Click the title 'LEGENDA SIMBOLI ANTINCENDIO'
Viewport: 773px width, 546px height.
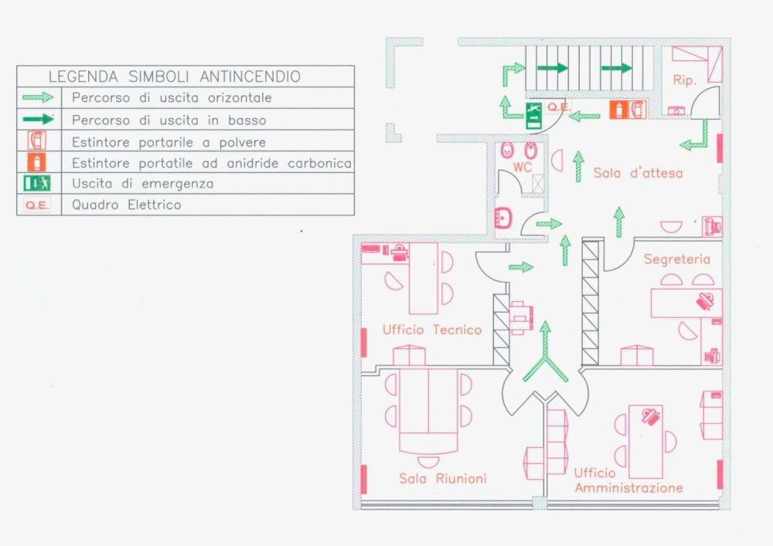pos(175,76)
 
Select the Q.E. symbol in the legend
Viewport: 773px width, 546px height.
pos(37,205)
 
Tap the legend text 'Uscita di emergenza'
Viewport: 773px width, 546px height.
pos(142,184)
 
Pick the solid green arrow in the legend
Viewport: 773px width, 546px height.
pos(37,120)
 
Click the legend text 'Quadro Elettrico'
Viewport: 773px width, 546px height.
pos(126,205)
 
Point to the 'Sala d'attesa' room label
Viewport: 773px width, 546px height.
pos(638,173)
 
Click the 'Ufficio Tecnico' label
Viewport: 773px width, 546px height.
pos(431,330)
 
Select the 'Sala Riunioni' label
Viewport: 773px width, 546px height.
pos(443,478)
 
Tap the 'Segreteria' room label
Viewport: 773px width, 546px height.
pos(676,259)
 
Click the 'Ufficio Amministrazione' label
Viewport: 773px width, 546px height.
pos(628,480)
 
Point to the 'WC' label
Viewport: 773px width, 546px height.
pos(523,168)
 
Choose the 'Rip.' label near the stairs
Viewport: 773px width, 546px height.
pos(685,80)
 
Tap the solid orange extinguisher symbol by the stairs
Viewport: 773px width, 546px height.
pos(618,110)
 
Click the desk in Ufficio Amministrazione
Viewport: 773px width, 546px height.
pos(645,443)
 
